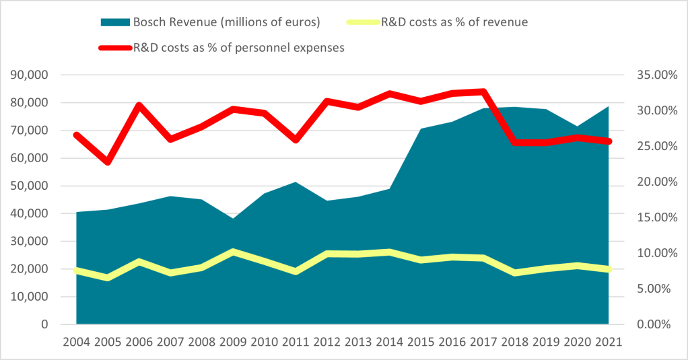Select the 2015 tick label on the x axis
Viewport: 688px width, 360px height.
tap(421, 342)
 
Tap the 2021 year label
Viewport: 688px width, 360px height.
tap(609, 342)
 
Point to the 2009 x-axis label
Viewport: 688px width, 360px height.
tap(232, 342)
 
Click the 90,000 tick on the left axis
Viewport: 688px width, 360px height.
tap(31, 75)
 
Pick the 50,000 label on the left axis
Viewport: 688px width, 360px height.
tap(31, 186)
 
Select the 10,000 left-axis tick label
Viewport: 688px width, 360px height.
tap(31, 297)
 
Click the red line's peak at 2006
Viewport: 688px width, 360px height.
tap(139, 105)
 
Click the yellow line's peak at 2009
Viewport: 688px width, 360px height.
tap(232, 252)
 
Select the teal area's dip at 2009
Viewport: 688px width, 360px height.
tap(232, 219)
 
